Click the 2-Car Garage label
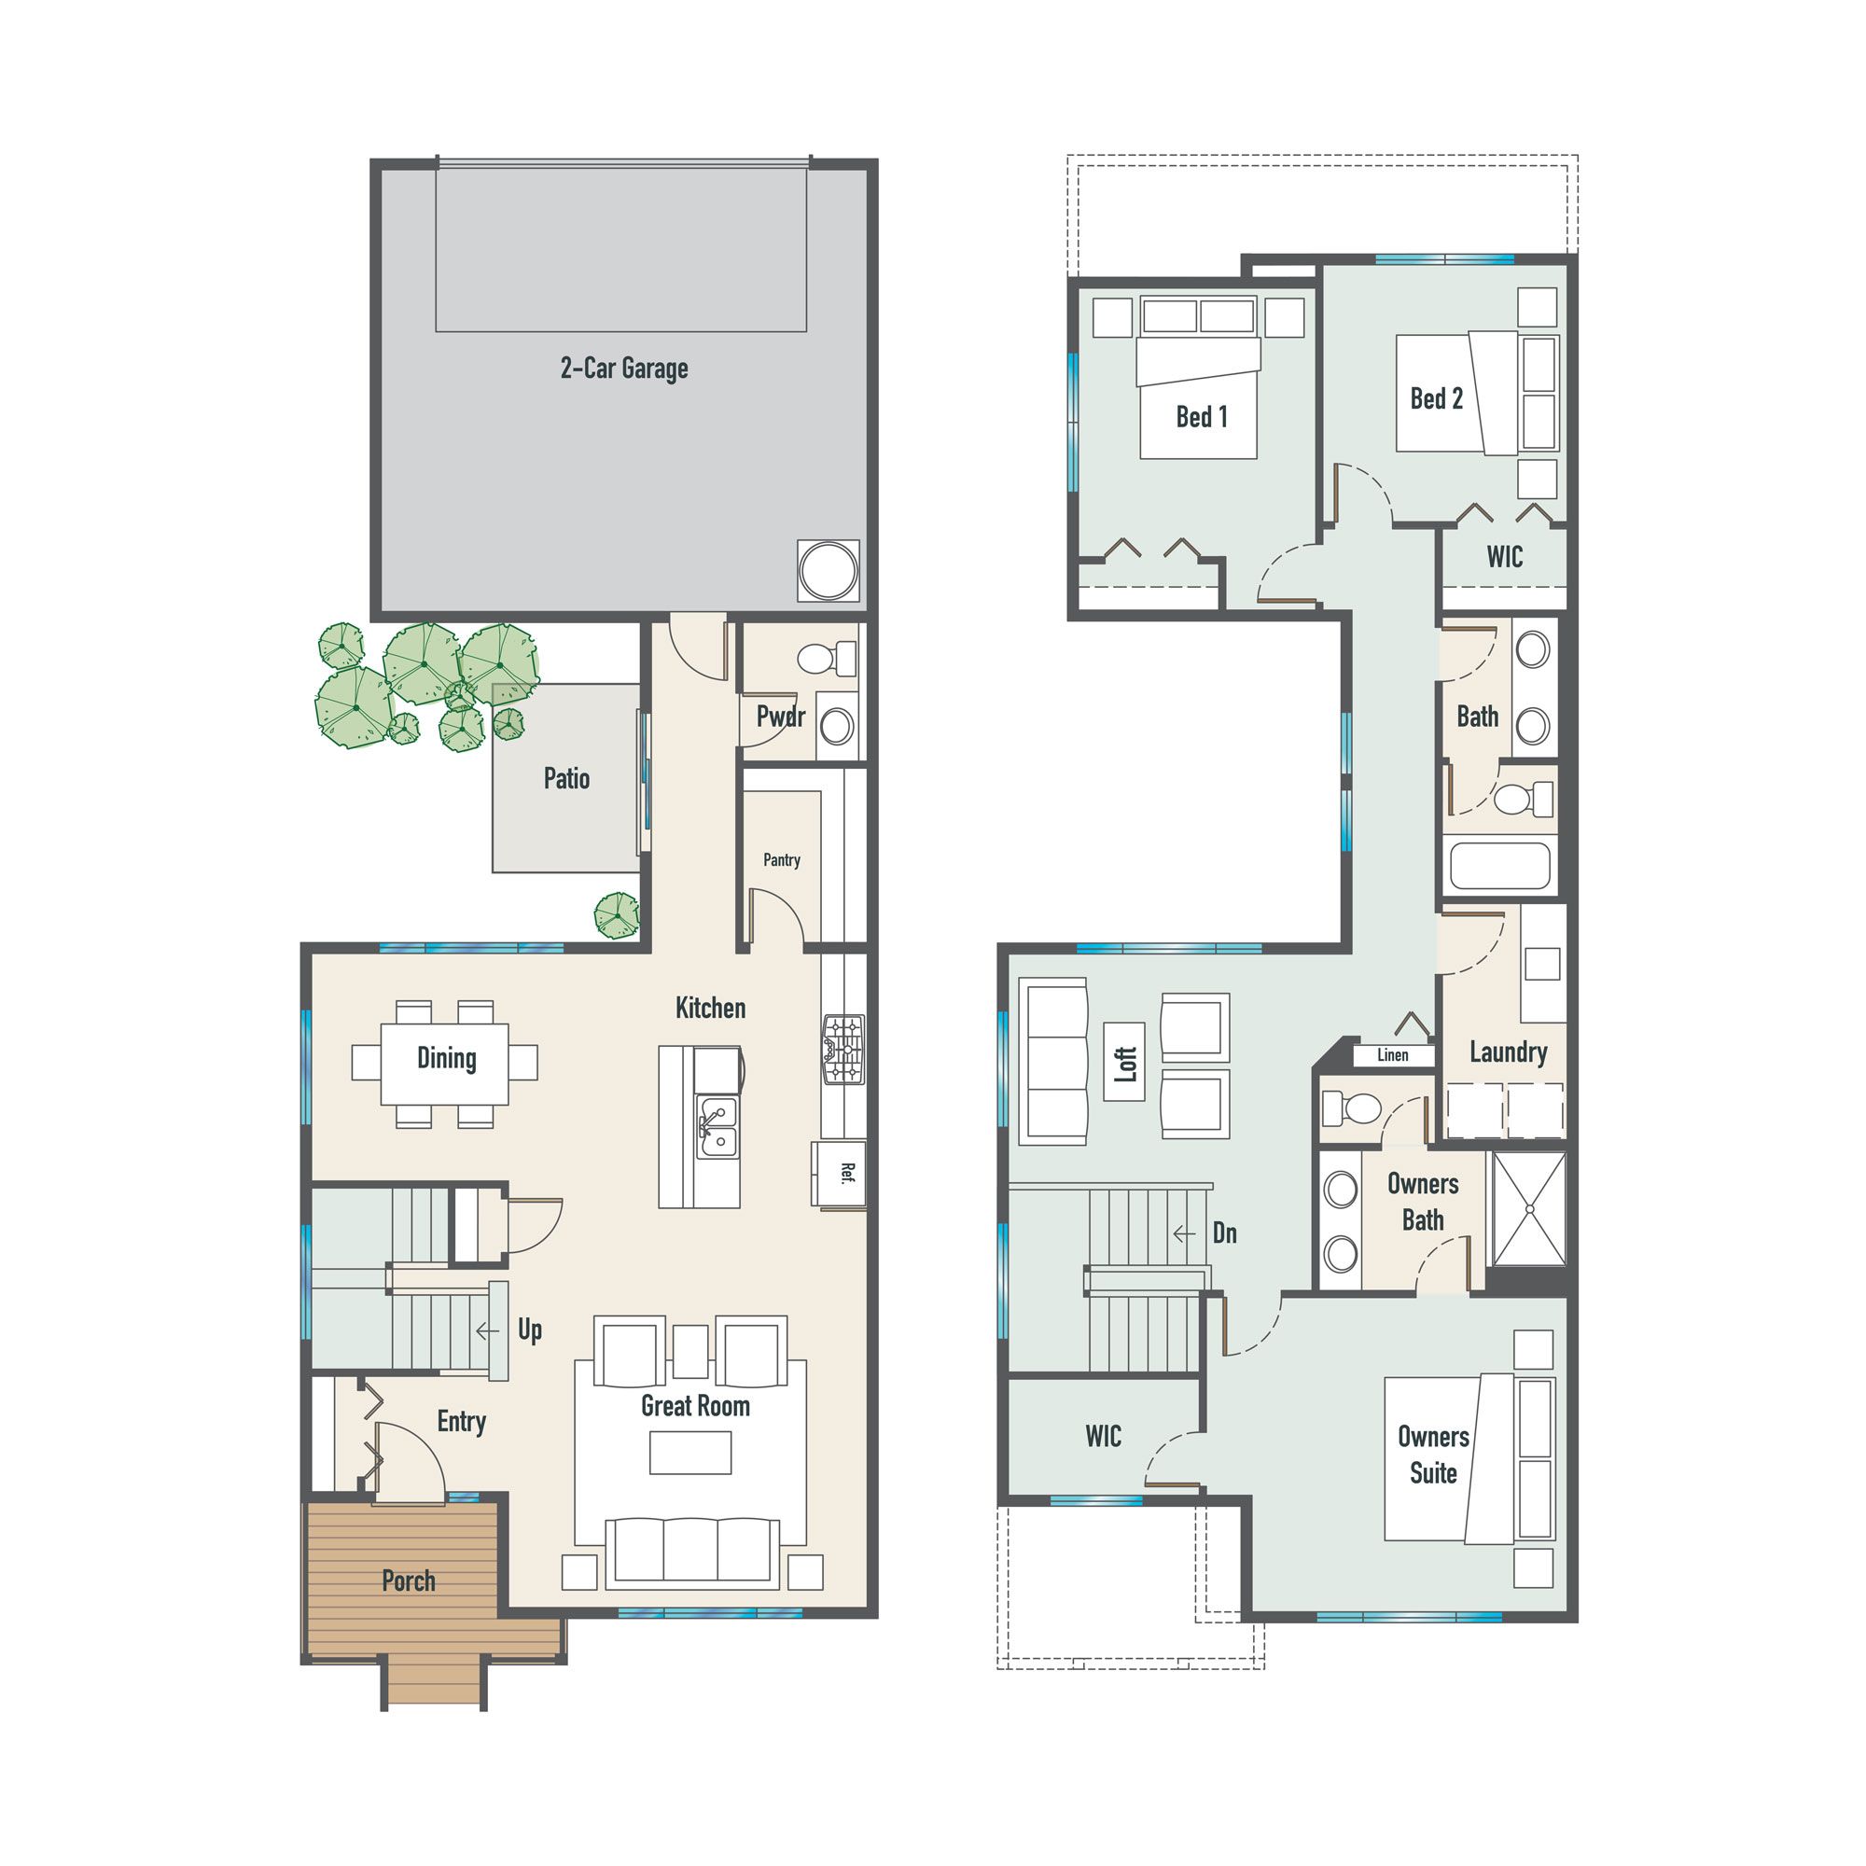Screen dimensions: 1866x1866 [x=624, y=368]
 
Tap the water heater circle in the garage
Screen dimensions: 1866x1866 [x=828, y=570]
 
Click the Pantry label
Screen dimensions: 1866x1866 [x=781, y=859]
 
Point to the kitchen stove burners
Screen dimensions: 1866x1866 [x=843, y=1049]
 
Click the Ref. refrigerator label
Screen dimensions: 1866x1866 [x=846, y=1174]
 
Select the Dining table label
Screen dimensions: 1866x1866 [x=446, y=1058]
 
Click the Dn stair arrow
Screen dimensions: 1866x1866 [x=1184, y=1233]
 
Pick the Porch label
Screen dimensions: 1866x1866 [x=409, y=1581]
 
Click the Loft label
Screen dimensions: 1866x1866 [x=1125, y=1064]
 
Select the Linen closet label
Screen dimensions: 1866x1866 [x=1392, y=1054]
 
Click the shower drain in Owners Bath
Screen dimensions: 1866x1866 [x=1529, y=1209]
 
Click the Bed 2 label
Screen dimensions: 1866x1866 [x=1436, y=398]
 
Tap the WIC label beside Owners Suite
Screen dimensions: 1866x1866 [x=1103, y=1436]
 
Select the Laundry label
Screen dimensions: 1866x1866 [x=1508, y=1051]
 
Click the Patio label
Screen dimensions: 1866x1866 [x=566, y=778]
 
